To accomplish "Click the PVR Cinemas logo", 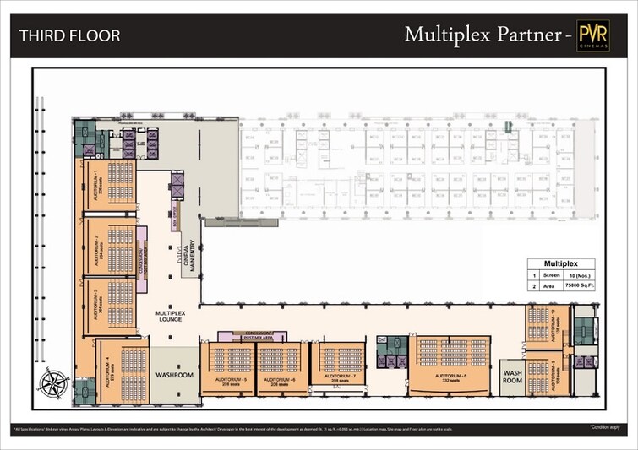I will point(593,35).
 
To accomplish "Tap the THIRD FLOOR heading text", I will point(69,35).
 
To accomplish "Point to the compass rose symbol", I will point(52,382).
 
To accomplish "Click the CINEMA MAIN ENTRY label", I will point(189,256).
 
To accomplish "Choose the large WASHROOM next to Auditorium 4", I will point(174,375).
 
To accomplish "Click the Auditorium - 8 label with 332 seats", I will point(449,378).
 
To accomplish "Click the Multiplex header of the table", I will point(559,263).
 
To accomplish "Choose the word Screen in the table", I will point(552,275).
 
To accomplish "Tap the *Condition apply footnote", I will point(605,429).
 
